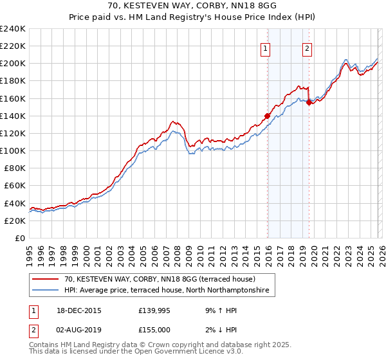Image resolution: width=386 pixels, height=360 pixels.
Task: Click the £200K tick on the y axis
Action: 13,64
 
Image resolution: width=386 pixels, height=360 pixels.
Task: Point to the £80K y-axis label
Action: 13,168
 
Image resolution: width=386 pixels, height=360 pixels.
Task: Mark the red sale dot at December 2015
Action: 268,116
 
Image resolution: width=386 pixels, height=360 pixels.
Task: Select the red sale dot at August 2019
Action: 309,101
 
